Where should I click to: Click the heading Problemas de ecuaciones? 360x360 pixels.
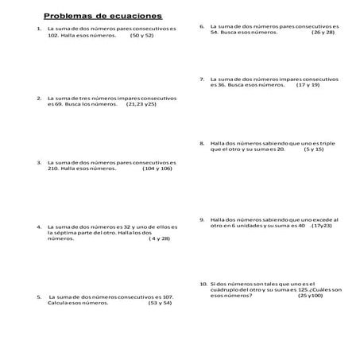103,15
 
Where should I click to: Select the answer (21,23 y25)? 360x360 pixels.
141,104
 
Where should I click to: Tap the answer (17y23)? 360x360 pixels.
320,226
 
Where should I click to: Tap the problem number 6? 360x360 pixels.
202,26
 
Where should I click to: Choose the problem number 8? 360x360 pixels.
202,143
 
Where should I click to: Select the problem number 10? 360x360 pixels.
203,284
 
